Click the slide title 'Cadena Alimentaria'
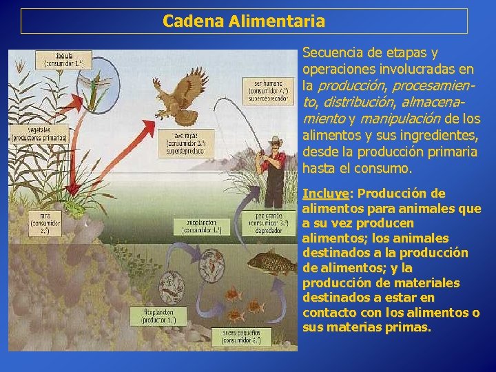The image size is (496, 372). point(244,21)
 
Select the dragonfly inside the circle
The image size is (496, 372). point(91,84)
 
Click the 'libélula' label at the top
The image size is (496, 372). point(64,59)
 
